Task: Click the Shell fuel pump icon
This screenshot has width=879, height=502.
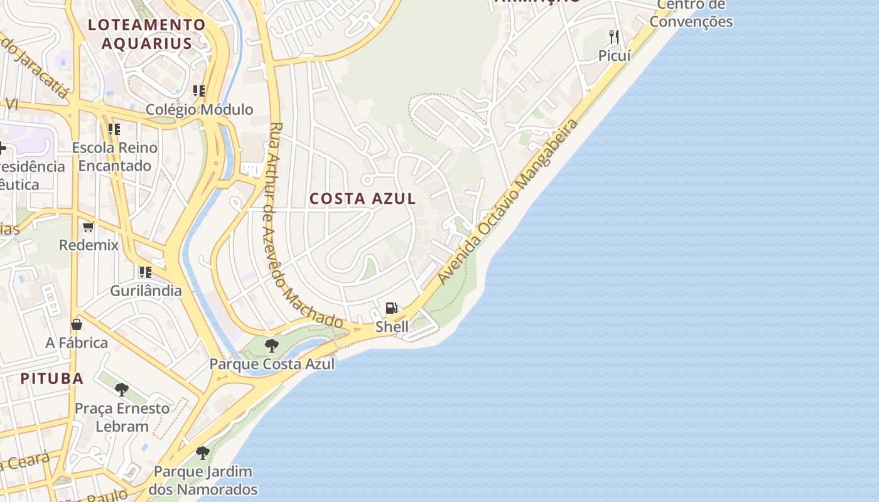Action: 391,308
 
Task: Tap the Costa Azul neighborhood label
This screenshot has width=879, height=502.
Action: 363,199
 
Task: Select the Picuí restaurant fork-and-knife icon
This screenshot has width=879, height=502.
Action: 613,37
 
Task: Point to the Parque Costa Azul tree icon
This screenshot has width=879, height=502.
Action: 271,345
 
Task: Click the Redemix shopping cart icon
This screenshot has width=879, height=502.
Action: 89,227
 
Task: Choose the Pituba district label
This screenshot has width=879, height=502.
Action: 52,378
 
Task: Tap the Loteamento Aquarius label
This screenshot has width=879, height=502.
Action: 147,34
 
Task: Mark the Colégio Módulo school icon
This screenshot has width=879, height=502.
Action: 199,91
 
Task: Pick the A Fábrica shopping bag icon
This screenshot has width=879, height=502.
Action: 77,324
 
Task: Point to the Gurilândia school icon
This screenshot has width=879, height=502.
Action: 146,272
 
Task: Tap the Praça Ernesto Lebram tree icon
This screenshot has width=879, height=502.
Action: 122,390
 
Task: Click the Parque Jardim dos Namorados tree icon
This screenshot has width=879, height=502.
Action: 202,452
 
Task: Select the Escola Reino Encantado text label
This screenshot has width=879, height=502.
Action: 115,157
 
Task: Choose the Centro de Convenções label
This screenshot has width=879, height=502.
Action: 691,13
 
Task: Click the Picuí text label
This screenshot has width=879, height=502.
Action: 614,55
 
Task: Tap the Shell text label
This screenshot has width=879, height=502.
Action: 392,326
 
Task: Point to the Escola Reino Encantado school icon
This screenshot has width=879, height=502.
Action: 114,129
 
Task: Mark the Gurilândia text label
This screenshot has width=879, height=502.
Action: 146,291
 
